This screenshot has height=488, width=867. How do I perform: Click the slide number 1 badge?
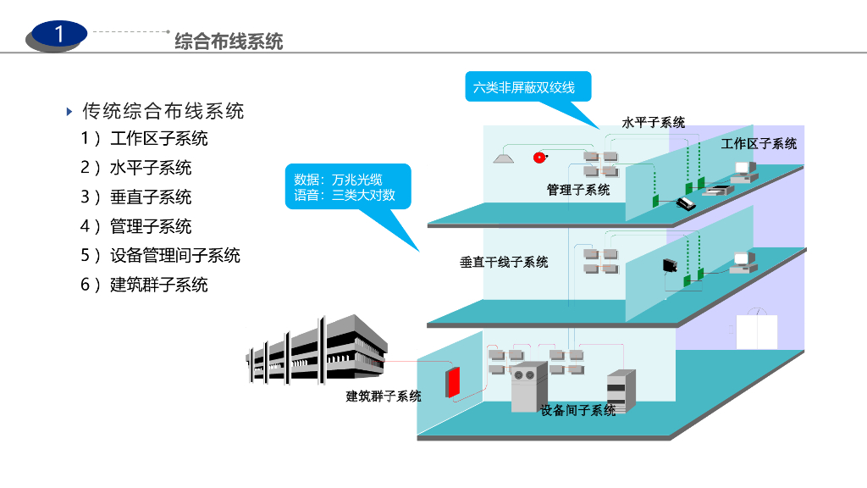point(58,35)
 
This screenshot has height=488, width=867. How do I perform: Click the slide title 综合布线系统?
point(229,41)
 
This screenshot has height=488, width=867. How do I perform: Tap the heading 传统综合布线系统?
point(163,111)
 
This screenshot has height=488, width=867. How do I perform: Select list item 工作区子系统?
point(158,138)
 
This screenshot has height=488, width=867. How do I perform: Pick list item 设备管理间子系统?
point(175,255)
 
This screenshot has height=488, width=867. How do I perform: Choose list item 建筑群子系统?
point(158,285)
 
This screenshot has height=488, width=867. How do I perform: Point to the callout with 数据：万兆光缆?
point(345,187)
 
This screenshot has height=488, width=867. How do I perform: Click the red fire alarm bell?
point(538,158)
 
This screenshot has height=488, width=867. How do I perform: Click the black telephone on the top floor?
point(684,202)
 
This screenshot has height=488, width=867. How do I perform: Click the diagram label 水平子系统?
point(653,123)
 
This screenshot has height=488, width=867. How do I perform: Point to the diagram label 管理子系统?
point(577,190)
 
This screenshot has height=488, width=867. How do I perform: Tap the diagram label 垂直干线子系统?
point(504,262)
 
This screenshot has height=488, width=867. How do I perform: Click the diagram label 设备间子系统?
point(578,411)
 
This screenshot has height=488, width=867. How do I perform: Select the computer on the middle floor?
point(743,262)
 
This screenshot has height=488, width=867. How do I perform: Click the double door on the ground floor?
point(756,332)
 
